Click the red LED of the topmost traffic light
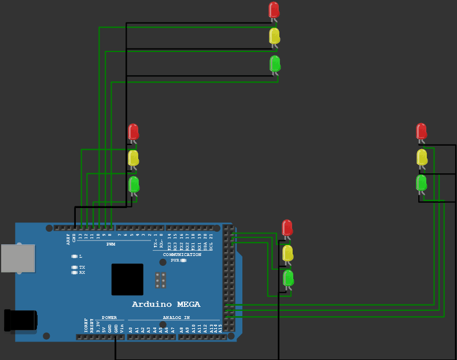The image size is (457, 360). coord(274,10)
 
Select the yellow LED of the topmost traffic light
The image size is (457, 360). coord(275,36)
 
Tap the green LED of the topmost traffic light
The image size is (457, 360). coord(275,63)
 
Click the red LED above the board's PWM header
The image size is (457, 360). coord(134,132)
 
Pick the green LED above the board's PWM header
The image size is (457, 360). coord(134,184)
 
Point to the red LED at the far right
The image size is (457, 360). coord(421,131)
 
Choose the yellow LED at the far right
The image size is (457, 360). coord(422,157)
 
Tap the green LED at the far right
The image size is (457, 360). coord(422,183)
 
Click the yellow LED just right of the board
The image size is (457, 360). coord(288,253)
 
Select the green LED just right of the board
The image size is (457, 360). coord(288,279)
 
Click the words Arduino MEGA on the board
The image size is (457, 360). coord(167,304)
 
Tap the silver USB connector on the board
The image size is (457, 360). coord(17,258)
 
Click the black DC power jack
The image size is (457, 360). coord(21,321)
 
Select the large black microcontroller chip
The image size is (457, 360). coord(127,279)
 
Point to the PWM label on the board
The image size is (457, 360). coord(111,244)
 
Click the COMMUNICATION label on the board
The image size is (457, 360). coord(182,254)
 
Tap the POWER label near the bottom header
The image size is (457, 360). coord(109,317)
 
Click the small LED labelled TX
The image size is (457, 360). coord(74,268)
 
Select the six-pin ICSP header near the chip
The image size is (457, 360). coord(161,280)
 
